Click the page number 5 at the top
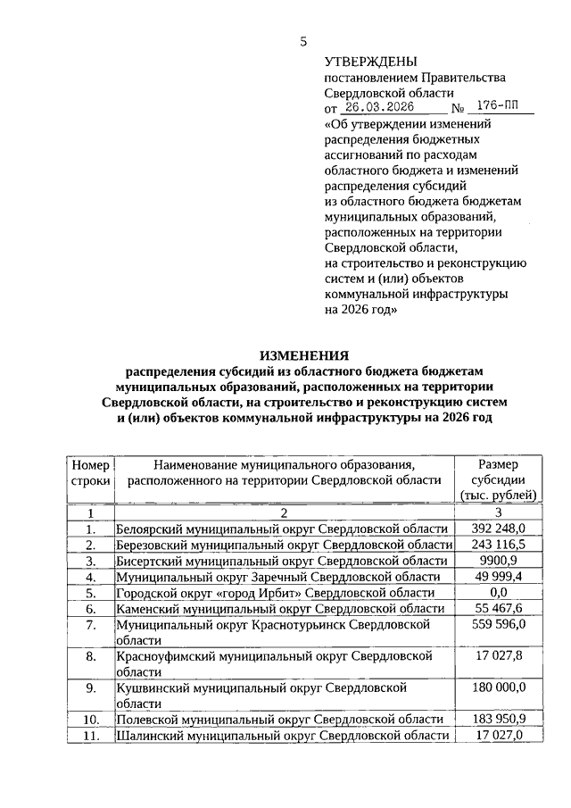(303, 41)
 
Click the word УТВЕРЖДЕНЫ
(369, 62)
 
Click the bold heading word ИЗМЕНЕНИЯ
(303, 357)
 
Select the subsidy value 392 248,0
(498, 529)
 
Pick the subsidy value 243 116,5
(498, 544)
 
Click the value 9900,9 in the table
(498, 560)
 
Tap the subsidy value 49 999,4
(498, 576)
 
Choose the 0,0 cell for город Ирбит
(498, 592)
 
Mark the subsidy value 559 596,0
(498, 625)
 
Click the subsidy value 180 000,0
(498, 687)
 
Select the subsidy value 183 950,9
(498, 719)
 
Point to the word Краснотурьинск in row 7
(306, 625)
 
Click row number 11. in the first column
(89, 735)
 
